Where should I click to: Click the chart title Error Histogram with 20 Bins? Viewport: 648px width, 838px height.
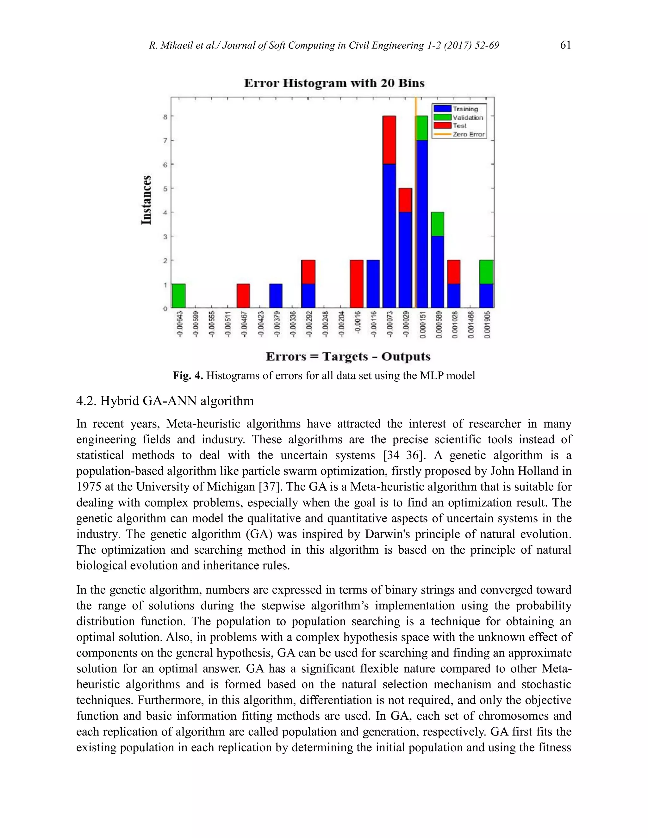tap(334, 83)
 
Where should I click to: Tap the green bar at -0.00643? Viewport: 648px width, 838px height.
tap(178, 296)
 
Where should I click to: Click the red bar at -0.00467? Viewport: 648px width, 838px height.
tap(243, 296)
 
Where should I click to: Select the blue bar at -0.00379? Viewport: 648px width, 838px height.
tap(276, 296)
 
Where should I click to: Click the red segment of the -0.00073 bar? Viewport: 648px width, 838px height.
tap(389, 140)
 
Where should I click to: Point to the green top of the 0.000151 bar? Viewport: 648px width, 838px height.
tap(422, 128)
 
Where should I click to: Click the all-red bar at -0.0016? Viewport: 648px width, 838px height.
tap(357, 284)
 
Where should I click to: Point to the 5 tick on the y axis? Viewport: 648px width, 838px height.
tap(165, 189)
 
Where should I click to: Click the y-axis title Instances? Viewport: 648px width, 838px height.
tap(146, 200)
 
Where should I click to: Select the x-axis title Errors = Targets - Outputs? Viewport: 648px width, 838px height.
tap(348, 356)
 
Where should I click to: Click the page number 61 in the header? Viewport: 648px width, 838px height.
tap(565, 45)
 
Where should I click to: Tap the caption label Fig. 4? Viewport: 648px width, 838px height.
tap(187, 375)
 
